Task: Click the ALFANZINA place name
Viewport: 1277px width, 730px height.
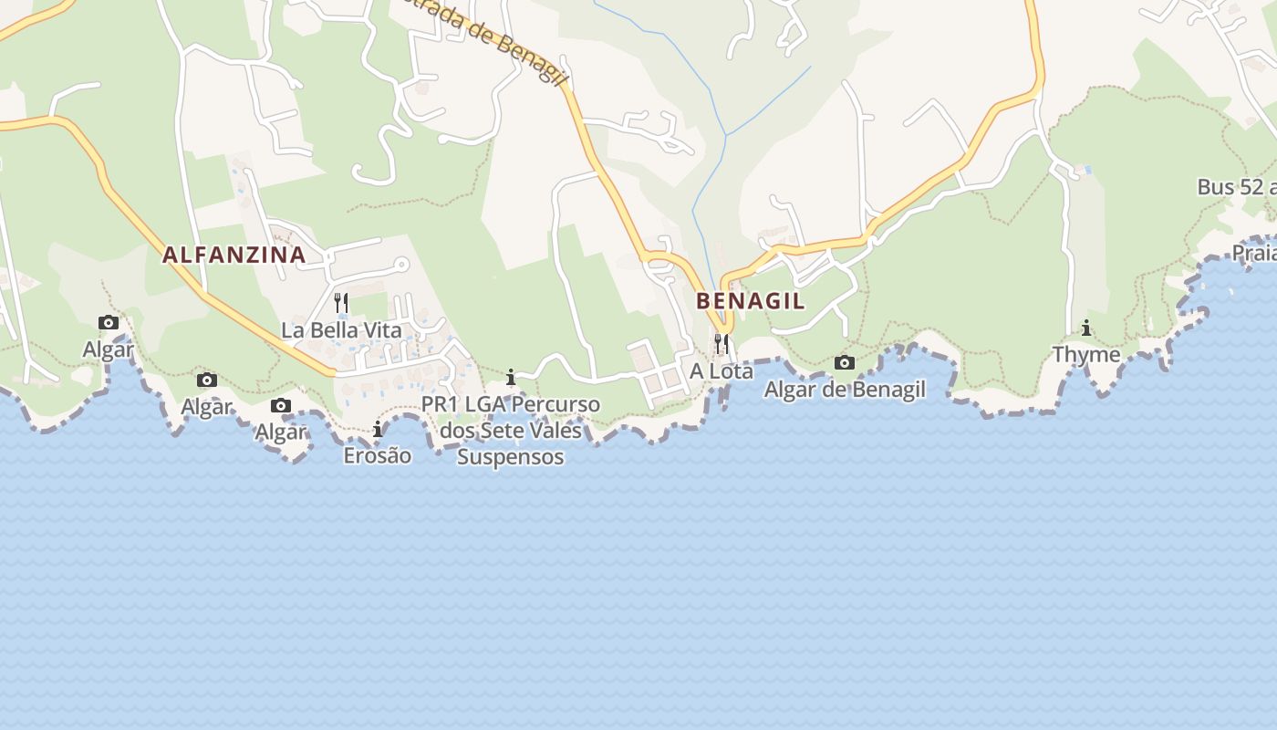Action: tap(234, 255)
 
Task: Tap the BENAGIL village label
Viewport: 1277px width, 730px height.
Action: tap(751, 300)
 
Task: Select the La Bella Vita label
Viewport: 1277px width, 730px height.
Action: tap(341, 329)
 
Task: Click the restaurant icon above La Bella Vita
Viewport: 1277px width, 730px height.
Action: tap(341, 302)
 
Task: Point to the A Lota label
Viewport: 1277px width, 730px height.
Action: tap(722, 371)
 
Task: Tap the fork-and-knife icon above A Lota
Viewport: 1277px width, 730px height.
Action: tap(722, 343)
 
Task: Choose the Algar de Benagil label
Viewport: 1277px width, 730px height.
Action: tap(845, 390)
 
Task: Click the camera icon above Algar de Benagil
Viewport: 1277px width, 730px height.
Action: tap(845, 363)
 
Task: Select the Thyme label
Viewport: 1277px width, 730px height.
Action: tap(1086, 354)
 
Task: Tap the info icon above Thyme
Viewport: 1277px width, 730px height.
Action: tap(1086, 328)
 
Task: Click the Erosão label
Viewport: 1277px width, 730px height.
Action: tap(377, 454)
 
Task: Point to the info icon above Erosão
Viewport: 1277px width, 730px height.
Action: tap(377, 429)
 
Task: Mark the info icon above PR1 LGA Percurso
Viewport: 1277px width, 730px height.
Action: tap(511, 377)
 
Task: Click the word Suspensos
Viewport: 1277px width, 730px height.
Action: tap(510, 456)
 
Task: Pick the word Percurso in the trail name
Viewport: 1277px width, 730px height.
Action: tap(556, 403)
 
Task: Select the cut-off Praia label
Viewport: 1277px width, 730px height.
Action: tap(1253, 252)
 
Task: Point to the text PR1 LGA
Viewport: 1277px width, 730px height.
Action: tap(463, 403)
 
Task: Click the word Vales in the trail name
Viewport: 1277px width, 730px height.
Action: tap(555, 430)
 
